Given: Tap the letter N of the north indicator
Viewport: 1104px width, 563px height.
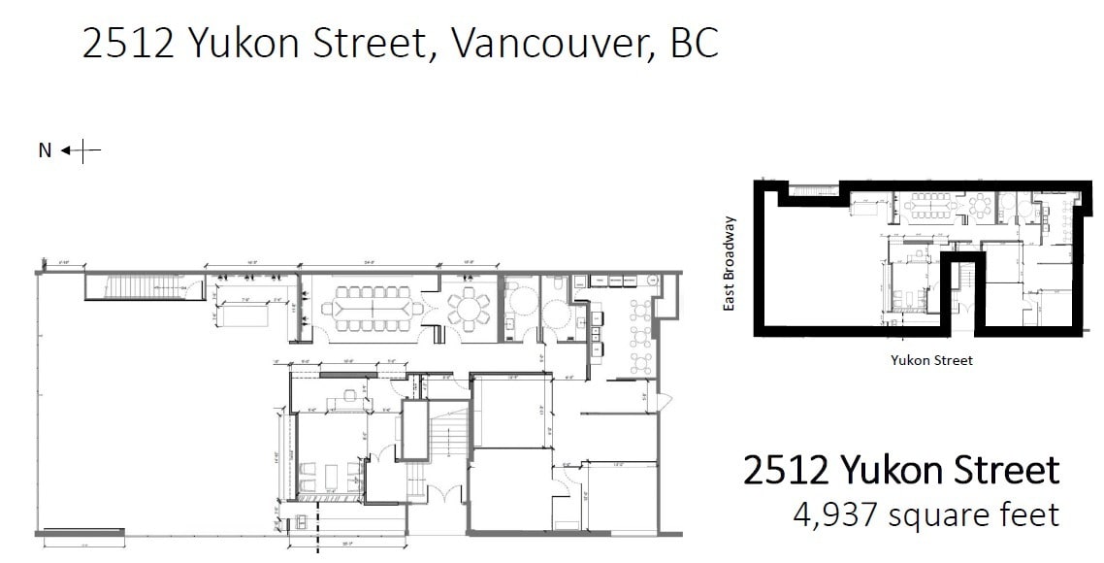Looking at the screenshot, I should (45, 150).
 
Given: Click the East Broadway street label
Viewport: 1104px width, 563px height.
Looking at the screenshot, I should (731, 264).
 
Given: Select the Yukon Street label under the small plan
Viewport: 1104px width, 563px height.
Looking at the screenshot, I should (931, 360).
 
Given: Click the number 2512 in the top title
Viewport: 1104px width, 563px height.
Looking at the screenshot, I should (129, 45).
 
